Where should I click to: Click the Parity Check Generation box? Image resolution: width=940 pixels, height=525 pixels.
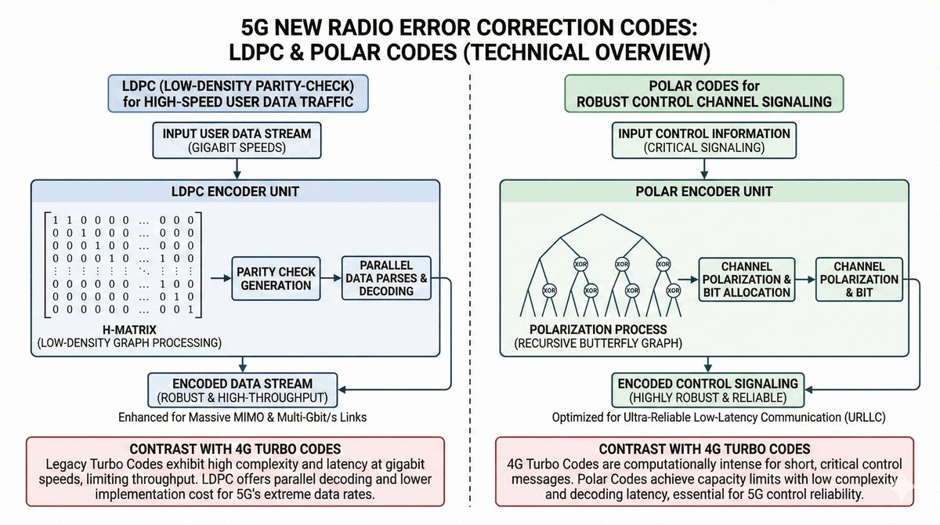pyautogui.click(x=276, y=278)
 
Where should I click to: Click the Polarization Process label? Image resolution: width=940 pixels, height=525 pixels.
pyautogui.click(x=598, y=330)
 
